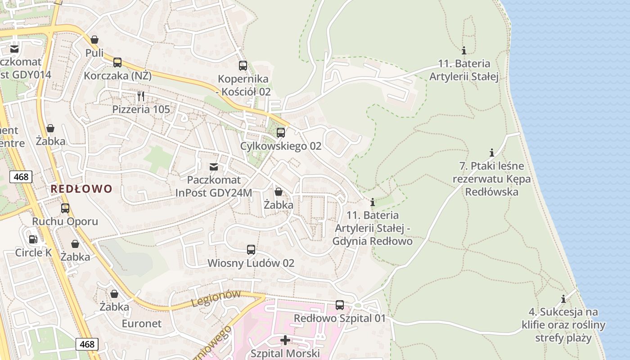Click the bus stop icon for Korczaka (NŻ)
tap(117, 63)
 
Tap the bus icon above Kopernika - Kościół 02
tap(243, 66)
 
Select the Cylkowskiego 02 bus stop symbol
tap(281, 133)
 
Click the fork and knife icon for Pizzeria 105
tap(141, 96)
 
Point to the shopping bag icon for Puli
tap(94, 40)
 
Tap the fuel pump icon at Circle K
tap(33, 239)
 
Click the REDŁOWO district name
tap(81, 189)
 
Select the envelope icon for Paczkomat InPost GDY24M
tap(214, 167)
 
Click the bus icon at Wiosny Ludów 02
tap(251, 250)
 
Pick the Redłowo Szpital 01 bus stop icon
tap(340, 305)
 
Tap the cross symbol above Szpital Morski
tap(285, 340)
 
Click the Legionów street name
tap(216, 299)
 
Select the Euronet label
tap(141, 324)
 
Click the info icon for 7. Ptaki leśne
tap(491, 153)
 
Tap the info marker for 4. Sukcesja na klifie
tap(563, 299)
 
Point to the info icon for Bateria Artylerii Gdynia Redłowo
tap(372, 202)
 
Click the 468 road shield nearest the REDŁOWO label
tap(21, 177)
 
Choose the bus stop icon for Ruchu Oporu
tap(65, 208)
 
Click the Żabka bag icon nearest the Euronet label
tap(114, 294)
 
